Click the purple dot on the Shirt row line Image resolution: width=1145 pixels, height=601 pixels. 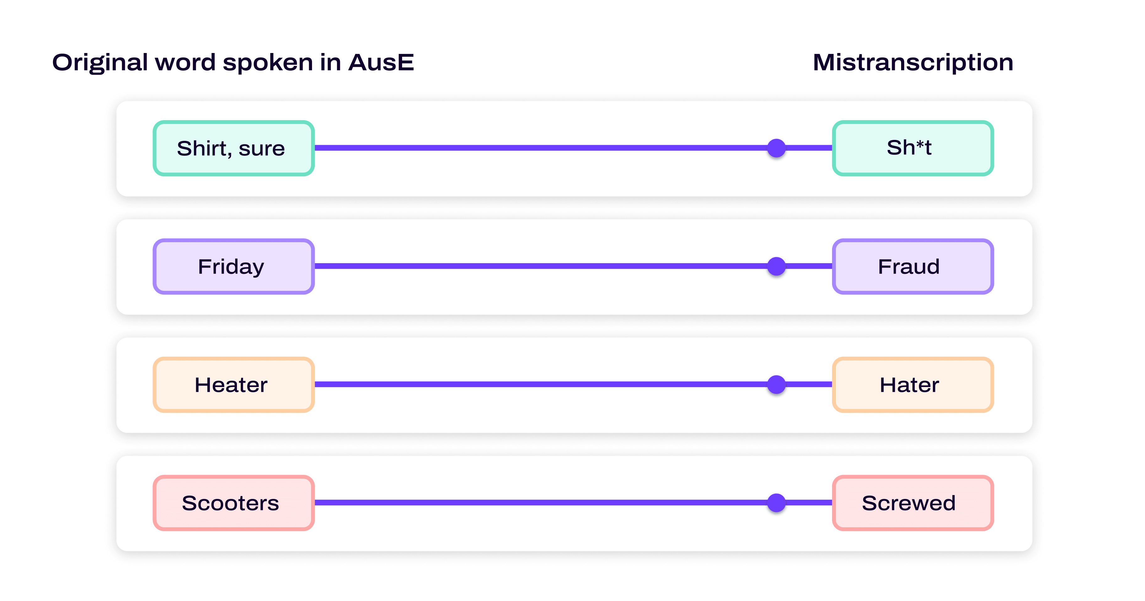click(x=776, y=148)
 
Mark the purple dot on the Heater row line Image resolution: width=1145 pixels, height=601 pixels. click(x=776, y=384)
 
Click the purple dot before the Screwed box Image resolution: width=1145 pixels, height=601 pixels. click(x=776, y=503)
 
